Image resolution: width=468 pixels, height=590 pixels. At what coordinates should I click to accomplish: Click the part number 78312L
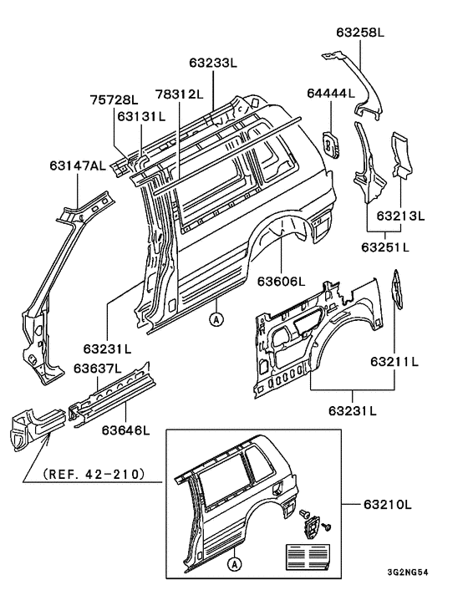point(179,94)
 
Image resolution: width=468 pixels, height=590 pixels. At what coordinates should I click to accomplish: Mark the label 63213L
point(401,216)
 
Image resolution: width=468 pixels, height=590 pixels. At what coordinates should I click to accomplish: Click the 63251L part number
point(385,247)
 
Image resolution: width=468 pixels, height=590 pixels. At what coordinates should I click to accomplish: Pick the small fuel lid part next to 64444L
point(331,141)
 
